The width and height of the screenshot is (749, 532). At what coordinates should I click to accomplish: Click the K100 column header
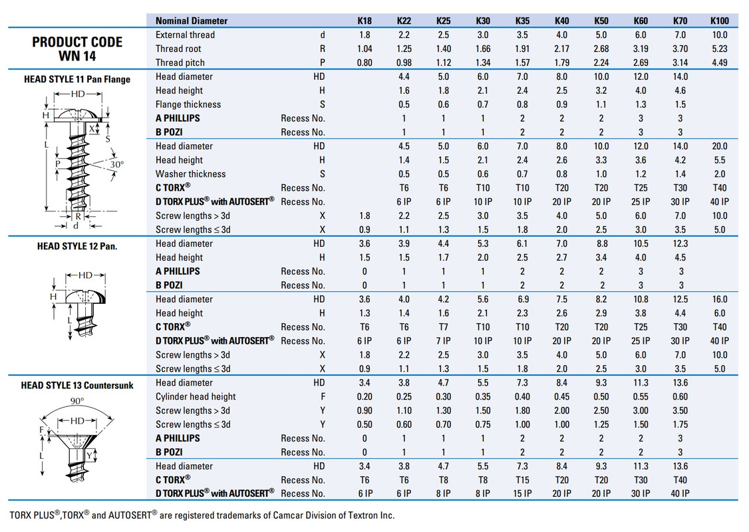[720, 21]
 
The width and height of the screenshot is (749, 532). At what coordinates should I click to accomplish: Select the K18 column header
[365, 21]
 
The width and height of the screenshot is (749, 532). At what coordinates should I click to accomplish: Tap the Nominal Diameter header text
[192, 21]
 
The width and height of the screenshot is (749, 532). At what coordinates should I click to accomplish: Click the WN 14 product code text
[77, 57]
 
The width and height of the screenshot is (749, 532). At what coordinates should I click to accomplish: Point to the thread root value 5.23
[720, 49]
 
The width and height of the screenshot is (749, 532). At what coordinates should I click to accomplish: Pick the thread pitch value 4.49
[720, 63]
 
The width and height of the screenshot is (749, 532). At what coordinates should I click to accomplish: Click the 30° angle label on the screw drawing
[116, 164]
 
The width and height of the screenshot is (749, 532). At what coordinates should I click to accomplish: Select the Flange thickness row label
[188, 104]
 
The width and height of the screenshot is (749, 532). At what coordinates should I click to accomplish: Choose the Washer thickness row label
[191, 174]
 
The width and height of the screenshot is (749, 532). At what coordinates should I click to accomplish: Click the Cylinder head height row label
[196, 397]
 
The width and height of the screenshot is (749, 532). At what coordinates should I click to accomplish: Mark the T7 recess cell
[444, 327]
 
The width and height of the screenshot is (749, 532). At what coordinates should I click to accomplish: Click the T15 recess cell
[522, 480]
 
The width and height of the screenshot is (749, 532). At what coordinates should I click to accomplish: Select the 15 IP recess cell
[522, 494]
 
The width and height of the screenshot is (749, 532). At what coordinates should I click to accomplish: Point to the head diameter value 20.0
[720, 146]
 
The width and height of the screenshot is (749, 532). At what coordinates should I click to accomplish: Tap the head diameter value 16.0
[720, 299]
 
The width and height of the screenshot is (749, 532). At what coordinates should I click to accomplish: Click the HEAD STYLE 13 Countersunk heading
[77, 385]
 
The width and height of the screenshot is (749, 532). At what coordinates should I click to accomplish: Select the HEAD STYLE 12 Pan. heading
[77, 246]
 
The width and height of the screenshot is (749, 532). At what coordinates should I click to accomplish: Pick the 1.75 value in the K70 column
[680, 424]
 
